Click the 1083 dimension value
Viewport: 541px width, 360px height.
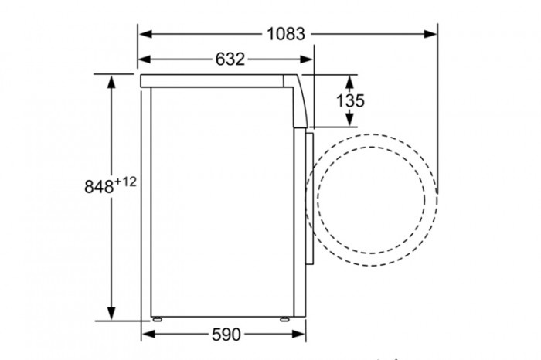(x=286, y=34)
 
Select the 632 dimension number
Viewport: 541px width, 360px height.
(x=230, y=59)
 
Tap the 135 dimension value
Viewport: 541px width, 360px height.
(x=350, y=100)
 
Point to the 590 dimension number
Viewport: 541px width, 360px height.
(x=226, y=335)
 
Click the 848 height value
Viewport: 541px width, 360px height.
(x=99, y=186)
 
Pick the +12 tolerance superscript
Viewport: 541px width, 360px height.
(x=125, y=182)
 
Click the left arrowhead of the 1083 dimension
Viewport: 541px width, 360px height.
(x=145, y=34)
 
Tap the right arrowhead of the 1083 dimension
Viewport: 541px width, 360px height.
(x=430, y=34)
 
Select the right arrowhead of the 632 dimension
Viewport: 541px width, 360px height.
(x=306, y=59)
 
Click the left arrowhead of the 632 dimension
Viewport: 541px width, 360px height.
(x=145, y=59)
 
